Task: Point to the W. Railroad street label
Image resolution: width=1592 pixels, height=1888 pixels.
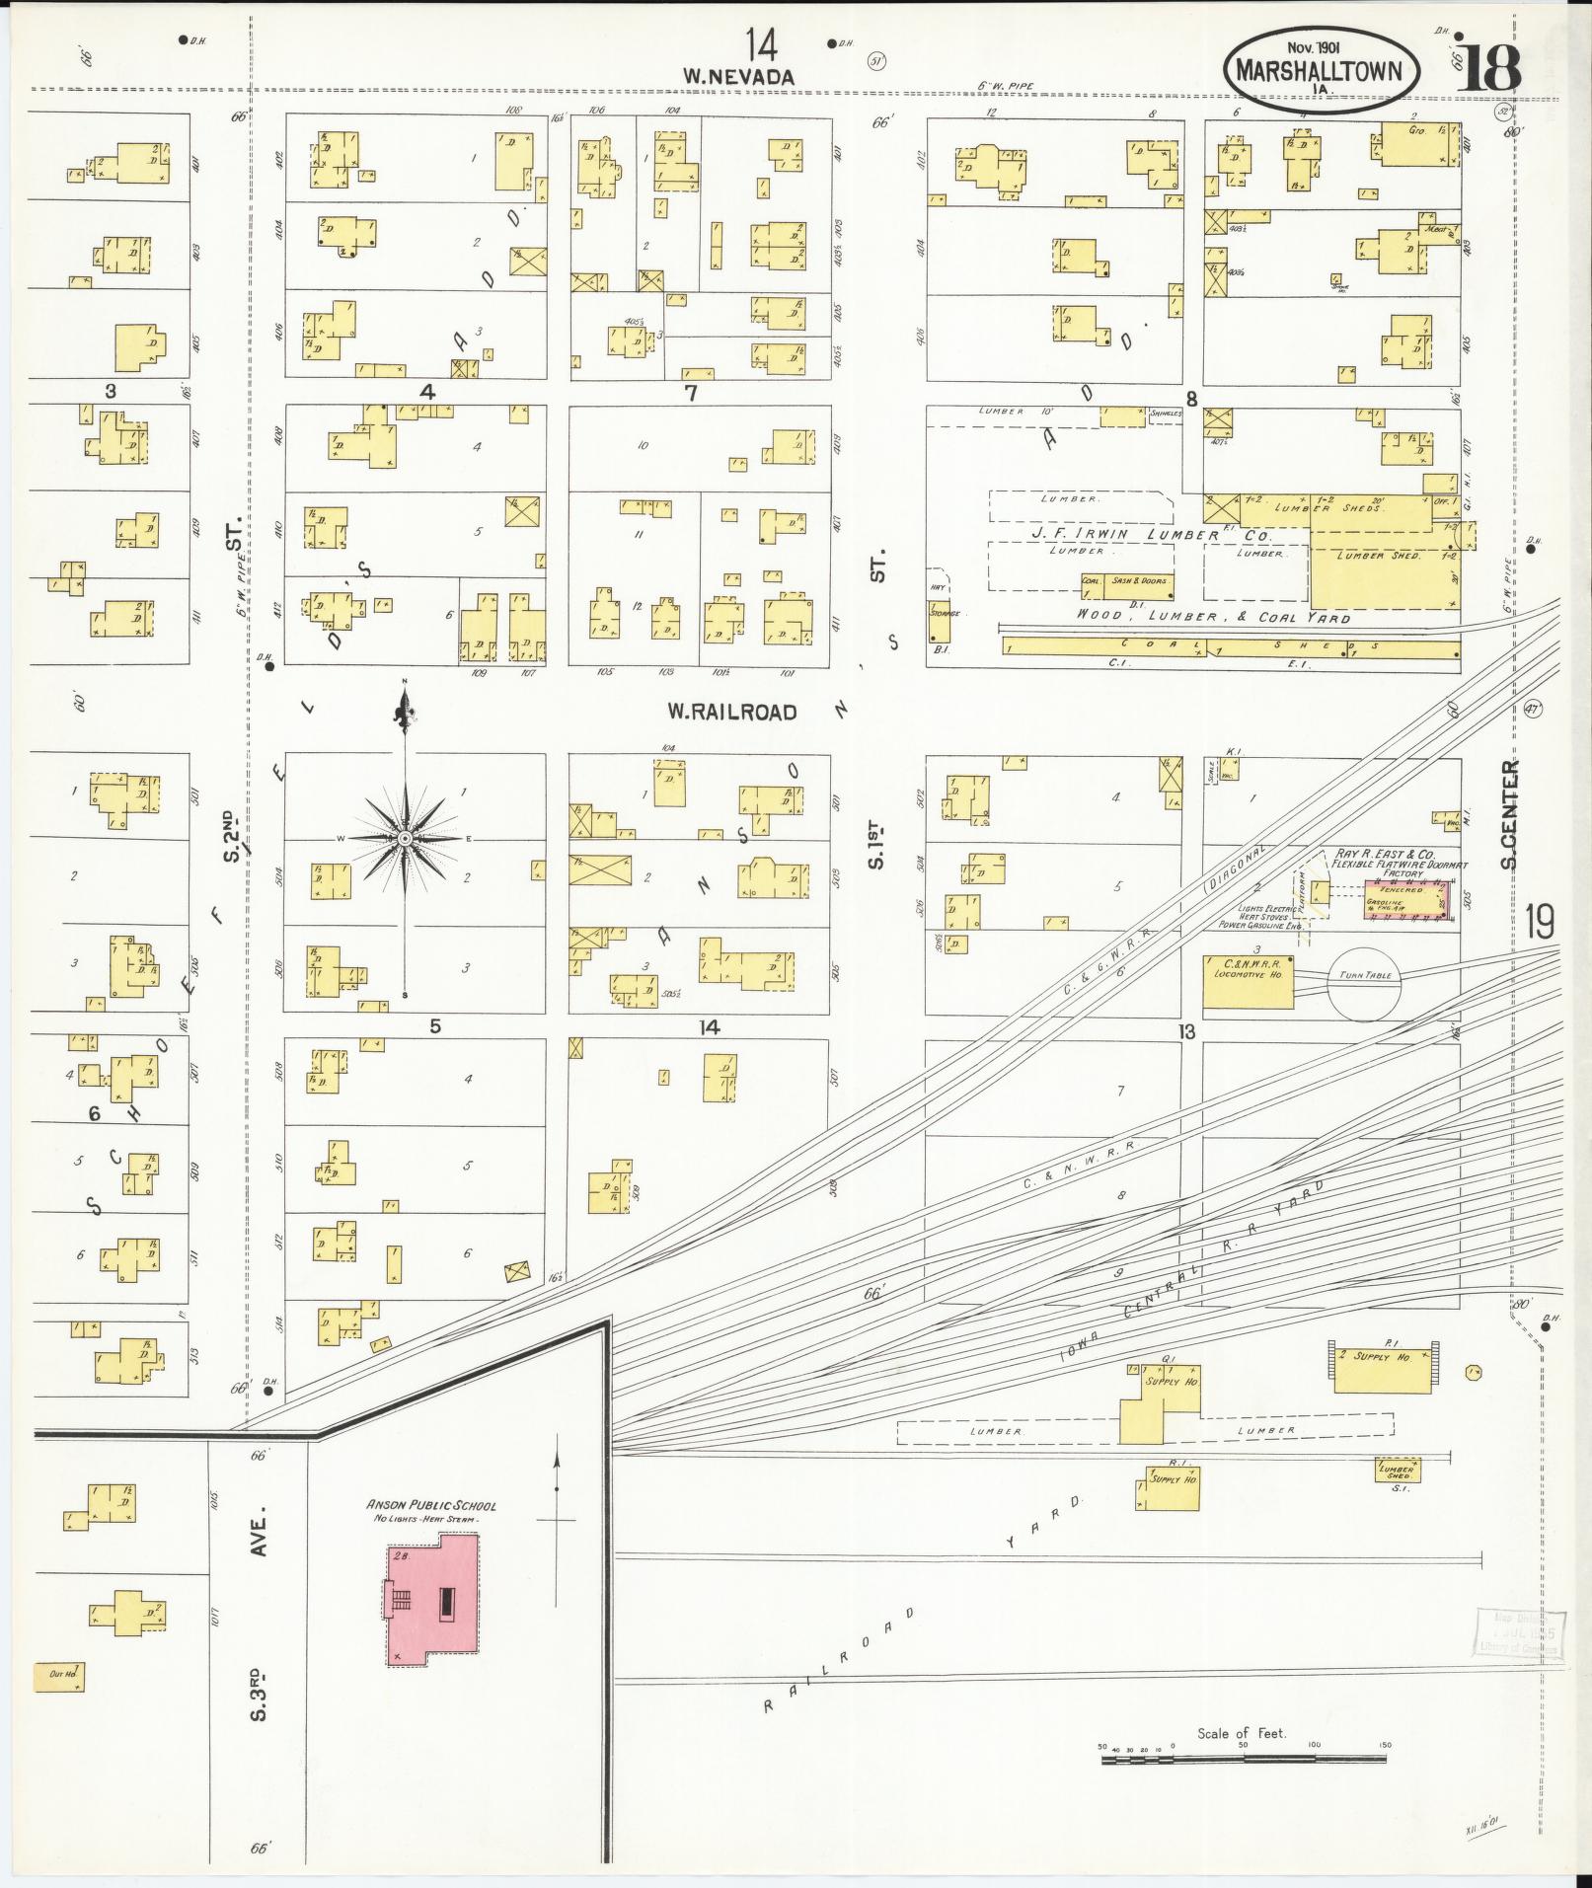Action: [x=731, y=711]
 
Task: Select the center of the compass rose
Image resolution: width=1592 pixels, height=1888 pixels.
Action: [x=404, y=838]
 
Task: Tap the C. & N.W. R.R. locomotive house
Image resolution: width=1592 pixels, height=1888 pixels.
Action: [x=1248, y=981]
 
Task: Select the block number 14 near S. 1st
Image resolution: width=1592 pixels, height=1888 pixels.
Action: [x=710, y=1027]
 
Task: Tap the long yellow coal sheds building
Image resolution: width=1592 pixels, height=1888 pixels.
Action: [x=1230, y=648]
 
